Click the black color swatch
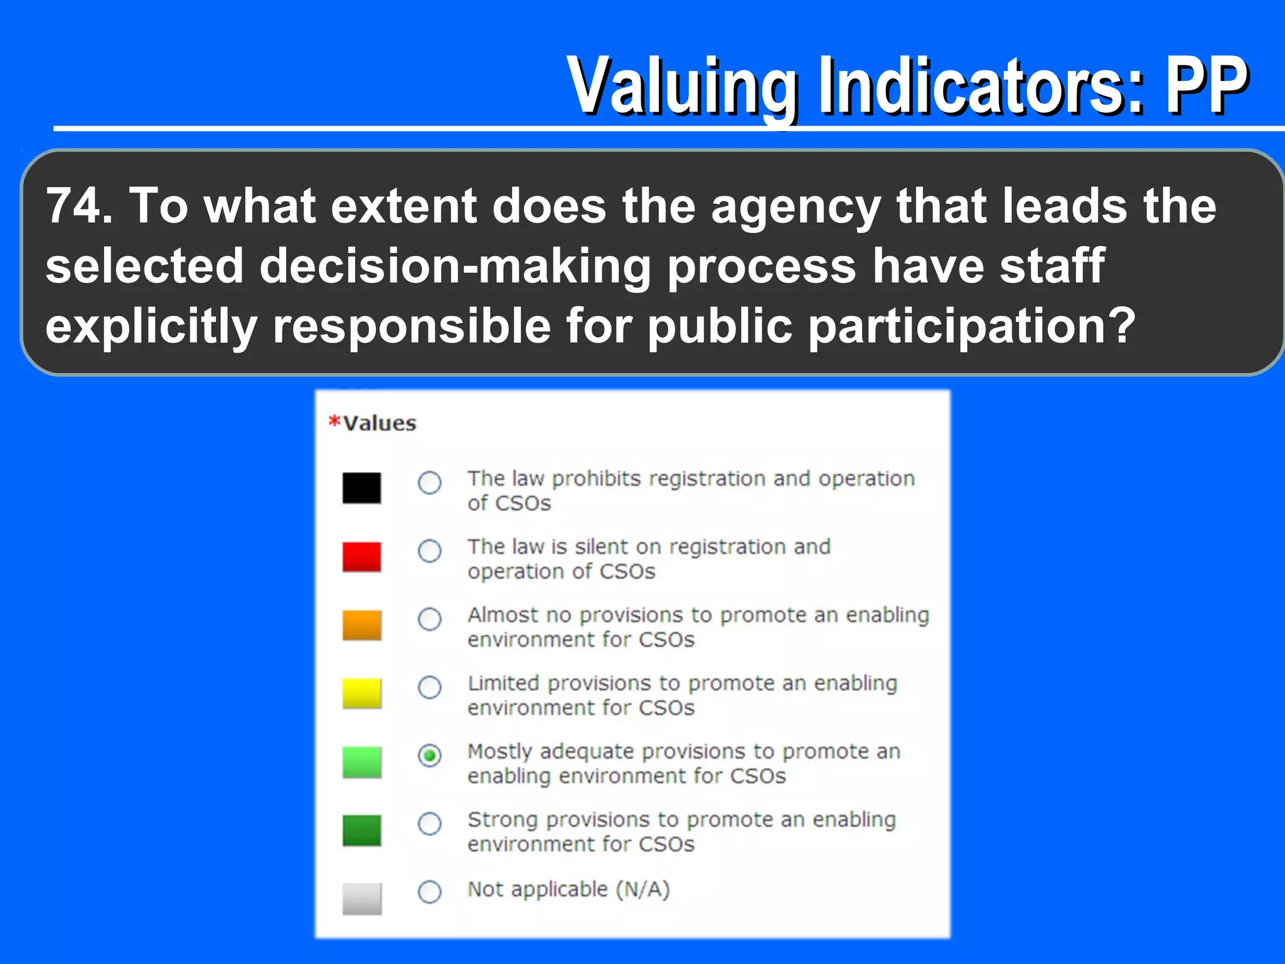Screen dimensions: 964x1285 tap(361, 488)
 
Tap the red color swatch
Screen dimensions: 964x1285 tap(361, 556)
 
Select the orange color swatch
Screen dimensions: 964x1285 tap(361, 624)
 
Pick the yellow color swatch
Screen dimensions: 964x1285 tap(361, 693)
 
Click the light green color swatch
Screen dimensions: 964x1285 tap(361, 762)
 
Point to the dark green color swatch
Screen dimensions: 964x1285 tap(361, 830)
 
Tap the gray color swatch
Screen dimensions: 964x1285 tap(361, 898)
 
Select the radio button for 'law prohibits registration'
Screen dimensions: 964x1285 tap(430, 483)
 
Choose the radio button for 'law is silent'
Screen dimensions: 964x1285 tap(430, 551)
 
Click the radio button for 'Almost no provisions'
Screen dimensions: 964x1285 tap(430, 619)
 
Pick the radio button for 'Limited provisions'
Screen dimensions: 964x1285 tap(430, 687)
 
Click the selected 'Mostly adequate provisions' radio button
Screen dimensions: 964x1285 tap(430, 756)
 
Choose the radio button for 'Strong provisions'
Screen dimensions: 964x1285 tap(430, 823)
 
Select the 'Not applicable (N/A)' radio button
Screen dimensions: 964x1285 tap(430, 892)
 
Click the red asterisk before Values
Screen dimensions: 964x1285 tap(334, 420)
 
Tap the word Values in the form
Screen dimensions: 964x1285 tap(380, 424)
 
